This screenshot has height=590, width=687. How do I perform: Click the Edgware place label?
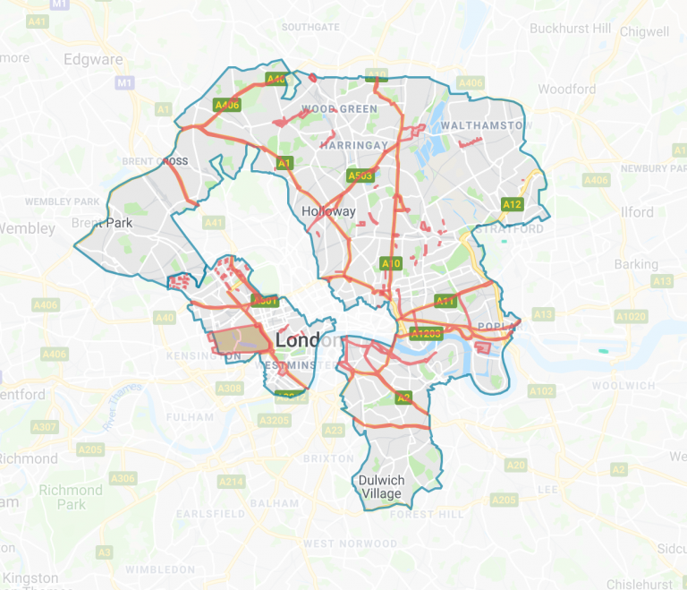pyautogui.click(x=93, y=60)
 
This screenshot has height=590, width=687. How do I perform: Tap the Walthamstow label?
pyautogui.click(x=480, y=125)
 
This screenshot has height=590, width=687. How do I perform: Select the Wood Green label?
pyautogui.click(x=339, y=109)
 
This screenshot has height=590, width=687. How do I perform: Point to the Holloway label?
pyautogui.click(x=328, y=212)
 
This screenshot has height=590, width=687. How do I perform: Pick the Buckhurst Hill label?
pyautogui.click(x=571, y=29)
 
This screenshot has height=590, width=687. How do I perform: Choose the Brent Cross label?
pyautogui.click(x=155, y=161)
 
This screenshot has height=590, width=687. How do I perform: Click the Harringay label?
pyautogui.click(x=353, y=144)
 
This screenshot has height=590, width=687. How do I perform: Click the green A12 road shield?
pyautogui.click(x=512, y=204)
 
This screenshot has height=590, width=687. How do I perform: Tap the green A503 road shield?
pyautogui.click(x=360, y=176)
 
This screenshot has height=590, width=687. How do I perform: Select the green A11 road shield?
pyautogui.click(x=445, y=300)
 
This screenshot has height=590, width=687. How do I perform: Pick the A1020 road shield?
pyautogui.click(x=630, y=316)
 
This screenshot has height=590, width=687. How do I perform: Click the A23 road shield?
pyautogui.click(x=334, y=431)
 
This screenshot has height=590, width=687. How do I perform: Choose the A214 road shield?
pyautogui.click(x=231, y=483)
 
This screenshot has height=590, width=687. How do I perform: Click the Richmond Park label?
pyautogui.click(x=71, y=497)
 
